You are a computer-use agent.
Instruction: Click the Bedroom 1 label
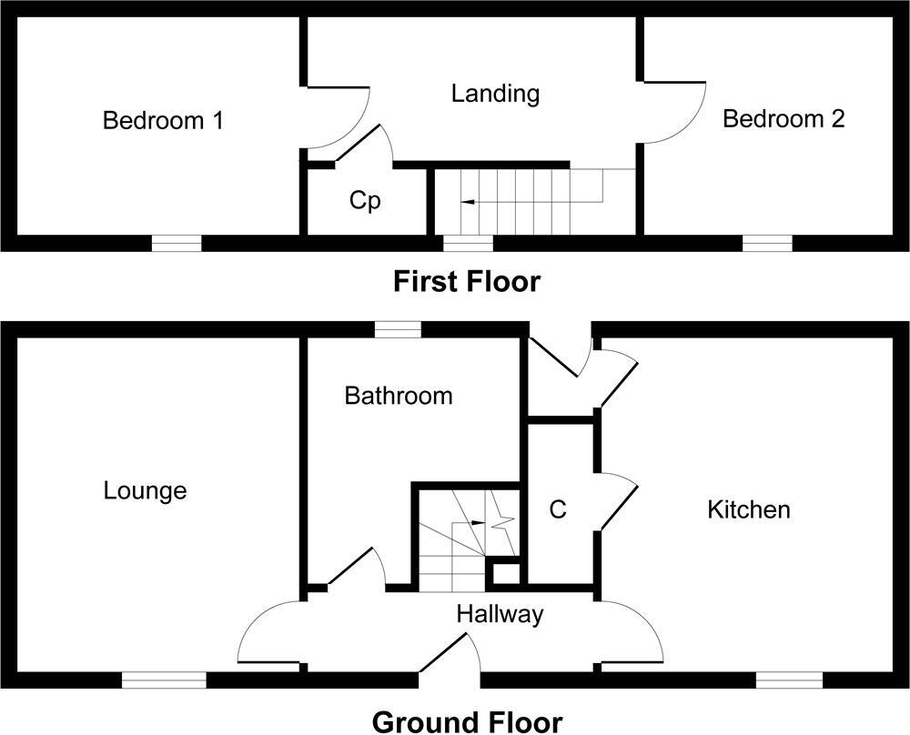pyautogui.click(x=164, y=120)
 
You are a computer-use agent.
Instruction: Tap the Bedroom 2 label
pyautogui.click(x=784, y=118)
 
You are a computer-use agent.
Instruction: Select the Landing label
pyautogui.click(x=496, y=93)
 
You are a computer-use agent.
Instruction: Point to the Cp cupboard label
pyautogui.click(x=365, y=201)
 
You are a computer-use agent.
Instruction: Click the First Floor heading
pyautogui.click(x=466, y=282)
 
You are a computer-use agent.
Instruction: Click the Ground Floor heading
pyautogui.click(x=467, y=722)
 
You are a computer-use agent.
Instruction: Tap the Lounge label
pyautogui.click(x=145, y=491)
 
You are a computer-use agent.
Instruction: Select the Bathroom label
pyautogui.click(x=398, y=396)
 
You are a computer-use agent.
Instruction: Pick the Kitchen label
pyautogui.click(x=749, y=509)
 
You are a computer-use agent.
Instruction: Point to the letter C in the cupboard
pyautogui.click(x=559, y=510)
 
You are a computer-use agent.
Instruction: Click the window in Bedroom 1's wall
pyautogui.click(x=176, y=243)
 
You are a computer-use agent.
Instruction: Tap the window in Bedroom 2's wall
pyautogui.click(x=767, y=243)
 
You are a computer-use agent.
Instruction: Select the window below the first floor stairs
pyautogui.click(x=468, y=243)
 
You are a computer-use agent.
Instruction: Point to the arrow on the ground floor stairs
pyautogui.click(x=478, y=523)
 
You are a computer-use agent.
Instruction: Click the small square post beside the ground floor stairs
pyautogui.click(x=506, y=574)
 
